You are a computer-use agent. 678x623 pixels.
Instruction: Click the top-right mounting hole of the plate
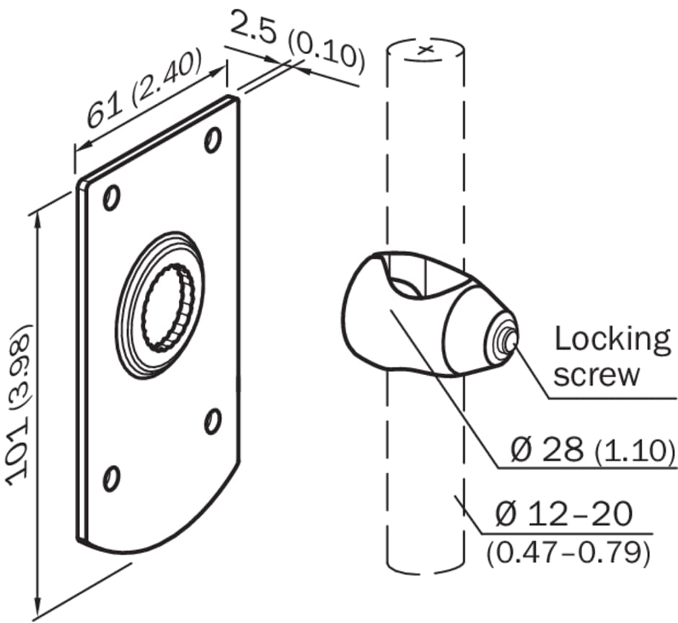click(x=212, y=139)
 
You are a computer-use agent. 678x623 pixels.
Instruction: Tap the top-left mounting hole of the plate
click(x=111, y=198)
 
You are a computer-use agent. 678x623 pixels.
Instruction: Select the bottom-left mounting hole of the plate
click(x=111, y=477)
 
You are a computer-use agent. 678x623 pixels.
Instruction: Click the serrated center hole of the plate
click(x=168, y=306)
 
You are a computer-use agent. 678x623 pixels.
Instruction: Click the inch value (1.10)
click(x=635, y=452)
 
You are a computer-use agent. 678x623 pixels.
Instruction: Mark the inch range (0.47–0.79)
click(x=568, y=552)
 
